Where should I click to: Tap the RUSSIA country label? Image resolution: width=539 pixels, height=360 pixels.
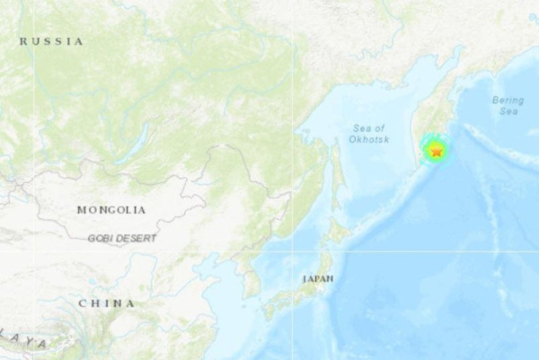51,41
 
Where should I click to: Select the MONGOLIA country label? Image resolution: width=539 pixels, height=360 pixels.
110,210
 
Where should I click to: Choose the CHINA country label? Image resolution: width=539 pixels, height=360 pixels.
107,303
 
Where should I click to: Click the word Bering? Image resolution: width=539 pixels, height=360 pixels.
508,100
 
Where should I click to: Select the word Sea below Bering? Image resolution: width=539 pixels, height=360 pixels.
508,111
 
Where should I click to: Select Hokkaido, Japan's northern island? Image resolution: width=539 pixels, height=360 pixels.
340,231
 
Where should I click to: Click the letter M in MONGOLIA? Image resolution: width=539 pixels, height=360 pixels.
82,210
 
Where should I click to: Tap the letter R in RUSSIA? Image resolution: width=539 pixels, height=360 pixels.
24,41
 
